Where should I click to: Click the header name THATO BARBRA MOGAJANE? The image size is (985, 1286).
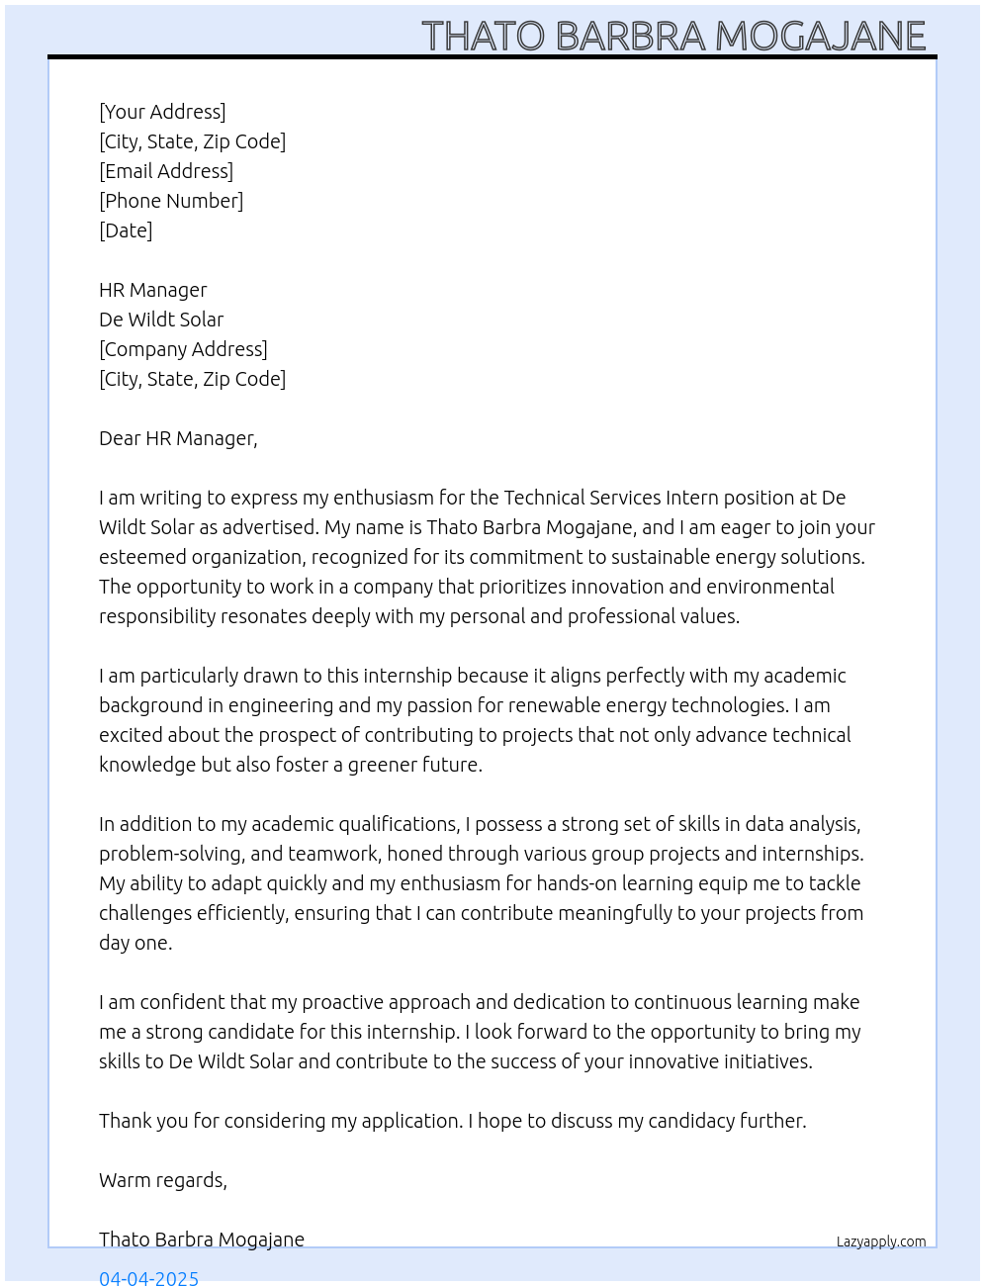point(673,36)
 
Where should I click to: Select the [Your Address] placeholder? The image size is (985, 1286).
point(162,112)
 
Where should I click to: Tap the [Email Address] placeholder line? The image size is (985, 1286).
point(166,171)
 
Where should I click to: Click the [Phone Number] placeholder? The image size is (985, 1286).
point(171,201)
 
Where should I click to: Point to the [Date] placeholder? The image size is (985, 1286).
point(126,230)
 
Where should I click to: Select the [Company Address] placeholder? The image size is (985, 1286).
point(183,349)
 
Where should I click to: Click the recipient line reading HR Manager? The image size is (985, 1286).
point(153,290)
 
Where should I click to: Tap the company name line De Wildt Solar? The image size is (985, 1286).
point(161,320)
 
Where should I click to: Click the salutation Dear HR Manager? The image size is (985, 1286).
point(178,438)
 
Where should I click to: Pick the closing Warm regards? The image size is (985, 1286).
point(163,1180)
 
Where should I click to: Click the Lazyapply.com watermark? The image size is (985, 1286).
point(881,1241)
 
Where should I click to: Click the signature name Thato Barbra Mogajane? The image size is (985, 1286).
point(202,1240)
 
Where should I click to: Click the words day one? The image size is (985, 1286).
point(134,943)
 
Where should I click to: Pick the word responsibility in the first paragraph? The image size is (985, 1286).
point(156,616)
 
